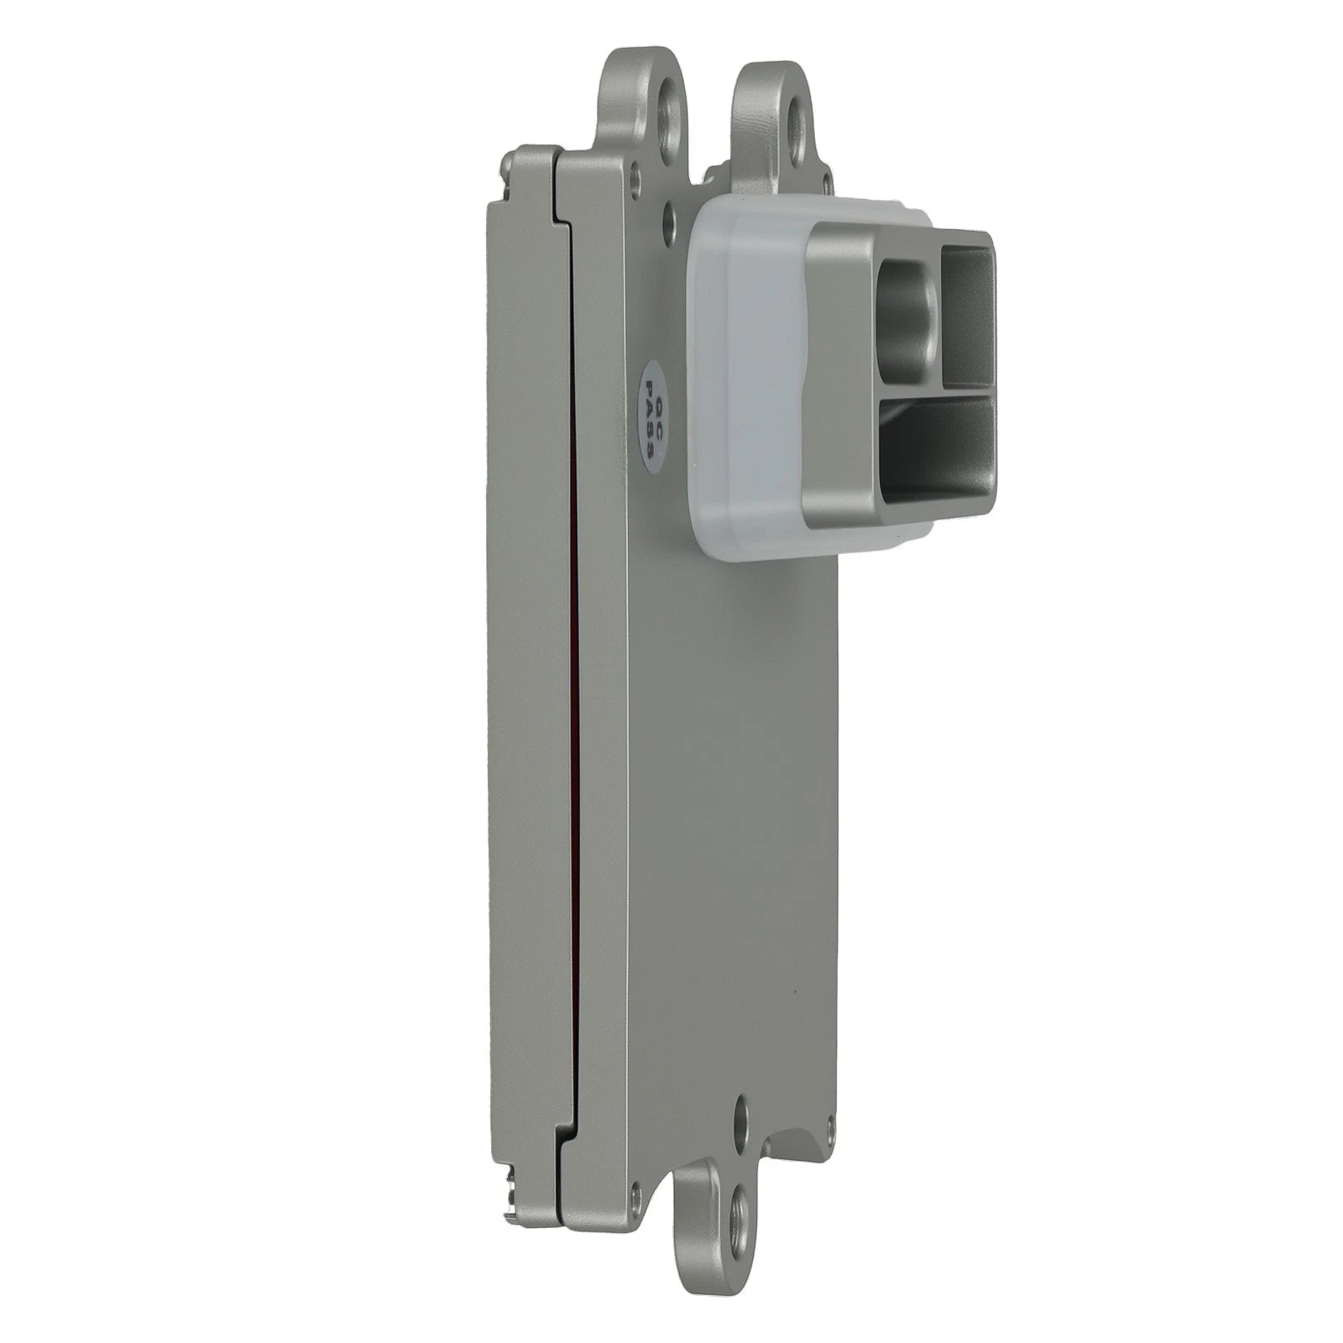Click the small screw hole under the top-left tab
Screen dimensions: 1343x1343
pos(635,178)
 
